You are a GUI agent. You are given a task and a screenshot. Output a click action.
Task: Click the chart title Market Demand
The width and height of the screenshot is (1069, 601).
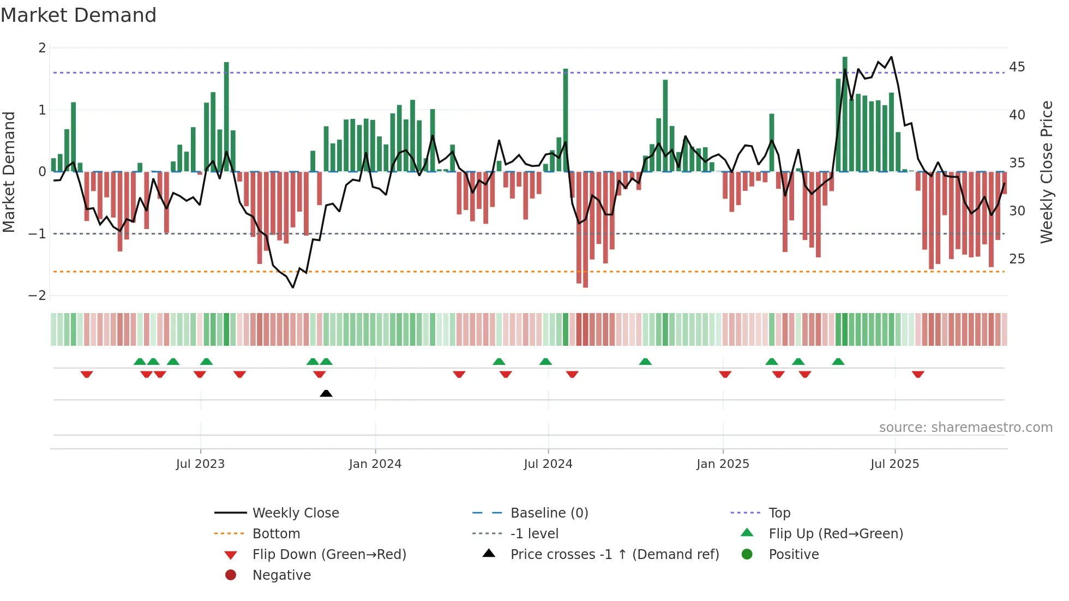tap(79, 15)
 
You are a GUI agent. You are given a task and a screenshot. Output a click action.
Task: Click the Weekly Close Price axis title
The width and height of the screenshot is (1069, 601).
tap(1046, 172)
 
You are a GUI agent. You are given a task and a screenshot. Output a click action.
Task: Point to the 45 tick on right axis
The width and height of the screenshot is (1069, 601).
tap(1017, 67)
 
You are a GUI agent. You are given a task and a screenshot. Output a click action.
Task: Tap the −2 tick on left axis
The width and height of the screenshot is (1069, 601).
tap(37, 296)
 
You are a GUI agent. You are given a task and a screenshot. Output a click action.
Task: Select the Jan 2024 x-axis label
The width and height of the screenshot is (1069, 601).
tap(375, 464)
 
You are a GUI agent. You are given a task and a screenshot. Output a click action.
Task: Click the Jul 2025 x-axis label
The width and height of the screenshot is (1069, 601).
tap(894, 464)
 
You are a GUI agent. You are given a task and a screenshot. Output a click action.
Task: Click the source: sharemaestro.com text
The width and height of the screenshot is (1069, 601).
tap(965, 428)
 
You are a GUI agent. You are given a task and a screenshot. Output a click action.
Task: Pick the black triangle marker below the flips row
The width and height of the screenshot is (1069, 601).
tap(326, 393)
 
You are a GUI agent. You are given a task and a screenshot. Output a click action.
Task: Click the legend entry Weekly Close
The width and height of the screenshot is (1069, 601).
tap(295, 513)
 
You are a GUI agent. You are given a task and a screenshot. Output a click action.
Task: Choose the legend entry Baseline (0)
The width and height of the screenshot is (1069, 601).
tap(549, 513)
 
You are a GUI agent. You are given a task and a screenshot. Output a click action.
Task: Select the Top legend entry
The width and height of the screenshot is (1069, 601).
tap(779, 513)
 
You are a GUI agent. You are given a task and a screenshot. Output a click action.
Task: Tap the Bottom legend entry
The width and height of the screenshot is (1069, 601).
tap(276, 534)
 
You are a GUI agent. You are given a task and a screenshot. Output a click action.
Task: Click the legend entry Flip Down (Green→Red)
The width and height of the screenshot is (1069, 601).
tap(329, 555)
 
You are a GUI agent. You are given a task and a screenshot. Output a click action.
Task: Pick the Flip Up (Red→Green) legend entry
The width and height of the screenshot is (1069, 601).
tap(836, 534)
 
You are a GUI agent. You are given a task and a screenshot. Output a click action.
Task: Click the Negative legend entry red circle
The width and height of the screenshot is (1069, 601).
tap(231, 575)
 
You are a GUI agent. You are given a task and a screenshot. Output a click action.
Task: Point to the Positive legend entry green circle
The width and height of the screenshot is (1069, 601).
tap(747, 555)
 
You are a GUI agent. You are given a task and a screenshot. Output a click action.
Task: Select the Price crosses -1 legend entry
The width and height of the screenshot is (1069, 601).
tap(614, 555)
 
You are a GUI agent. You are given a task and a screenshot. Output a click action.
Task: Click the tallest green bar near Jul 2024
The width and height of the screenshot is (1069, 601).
tap(566, 120)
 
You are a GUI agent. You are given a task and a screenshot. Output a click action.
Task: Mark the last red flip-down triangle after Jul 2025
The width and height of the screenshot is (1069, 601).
tap(918, 374)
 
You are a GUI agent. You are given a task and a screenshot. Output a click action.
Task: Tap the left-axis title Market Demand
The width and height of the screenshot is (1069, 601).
tap(9, 172)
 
